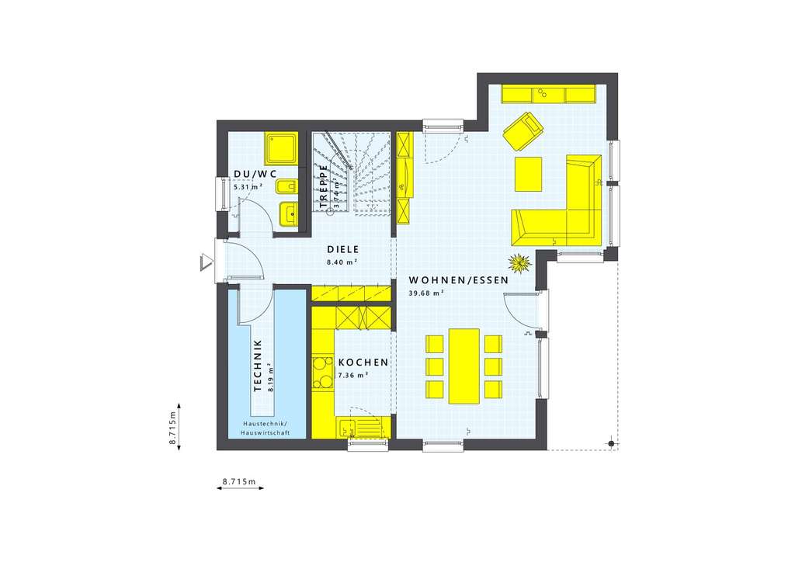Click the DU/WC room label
click(255, 175)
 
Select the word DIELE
click(342, 250)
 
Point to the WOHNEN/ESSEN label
click(459, 279)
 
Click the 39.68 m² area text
click(426, 293)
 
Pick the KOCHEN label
click(363, 363)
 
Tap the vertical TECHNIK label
click(258, 364)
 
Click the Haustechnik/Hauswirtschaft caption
click(265, 428)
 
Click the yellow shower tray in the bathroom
click(282, 148)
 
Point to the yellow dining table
click(464, 366)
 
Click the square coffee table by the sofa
click(529, 173)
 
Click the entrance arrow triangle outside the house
click(206, 262)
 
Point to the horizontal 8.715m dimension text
click(239, 481)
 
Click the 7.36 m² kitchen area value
click(352, 375)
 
